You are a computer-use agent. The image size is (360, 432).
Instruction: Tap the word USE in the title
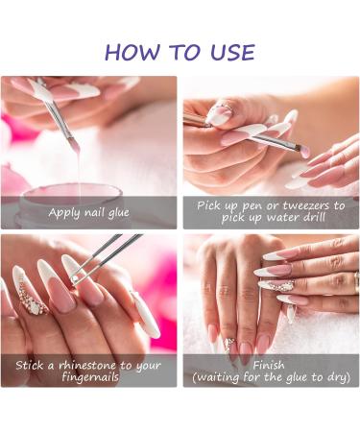[230, 52]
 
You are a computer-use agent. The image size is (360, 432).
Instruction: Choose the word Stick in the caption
[32, 366]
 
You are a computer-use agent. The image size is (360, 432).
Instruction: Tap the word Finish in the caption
[271, 365]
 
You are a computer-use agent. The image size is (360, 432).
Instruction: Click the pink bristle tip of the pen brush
[305, 153]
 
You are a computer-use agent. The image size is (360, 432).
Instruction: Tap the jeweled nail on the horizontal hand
[279, 286]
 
